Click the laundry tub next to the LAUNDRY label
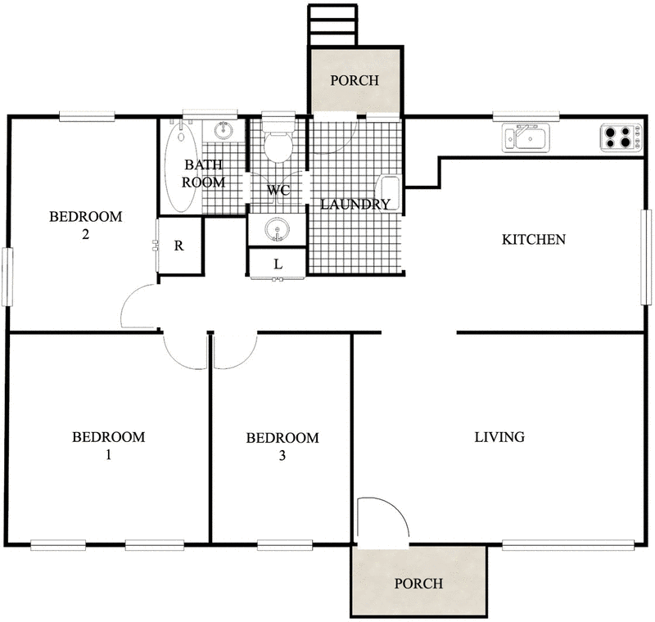click(x=391, y=193)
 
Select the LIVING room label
click(x=499, y=437)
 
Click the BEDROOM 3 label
click(x=282, y=446)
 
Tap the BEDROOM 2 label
click(x=85, y=225)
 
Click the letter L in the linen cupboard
click(x=278, y=264)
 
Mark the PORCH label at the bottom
click(x=418, y=584)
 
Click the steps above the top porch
click(x=332, y=25)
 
